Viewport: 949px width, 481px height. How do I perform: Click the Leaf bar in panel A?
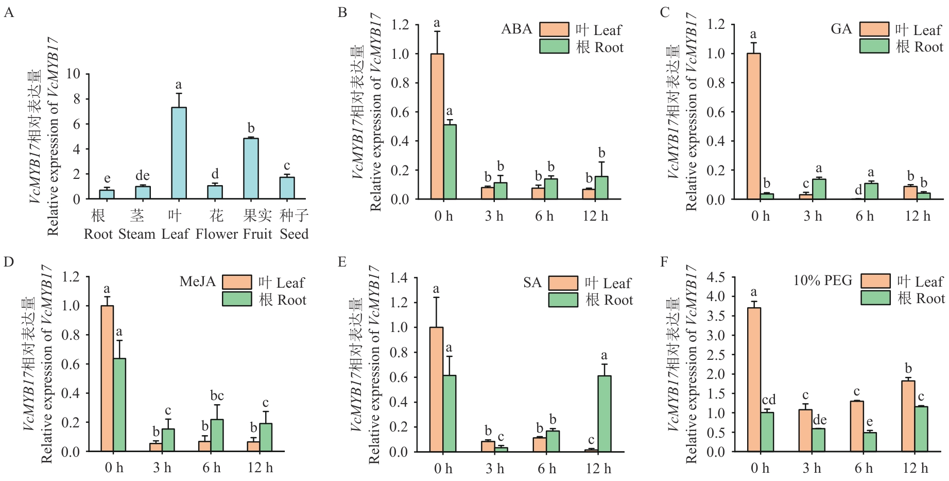click(x=179, y=153)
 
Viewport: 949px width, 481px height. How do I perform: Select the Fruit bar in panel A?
click(x=251, y=169)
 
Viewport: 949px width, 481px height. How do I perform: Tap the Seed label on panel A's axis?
click(x=294, y=235)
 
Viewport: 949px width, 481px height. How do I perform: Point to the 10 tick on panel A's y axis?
click(x=74, y=74)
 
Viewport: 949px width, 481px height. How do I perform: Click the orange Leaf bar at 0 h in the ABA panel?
click(x=437, y=126)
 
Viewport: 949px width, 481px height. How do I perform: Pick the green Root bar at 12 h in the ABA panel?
click(x=601, y=188)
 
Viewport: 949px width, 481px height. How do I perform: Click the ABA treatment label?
click(x=516, y=29)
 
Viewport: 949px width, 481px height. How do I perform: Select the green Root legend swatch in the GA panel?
click(x=874, y=46)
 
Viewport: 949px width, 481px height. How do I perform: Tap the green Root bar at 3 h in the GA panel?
click(x=819, y=189)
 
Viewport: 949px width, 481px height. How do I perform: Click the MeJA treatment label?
click(x=197, y=281)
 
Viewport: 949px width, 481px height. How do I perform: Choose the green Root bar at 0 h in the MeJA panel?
click(x=119, y=405)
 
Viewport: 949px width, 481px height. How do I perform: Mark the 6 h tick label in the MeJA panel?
click(x=211, y=468)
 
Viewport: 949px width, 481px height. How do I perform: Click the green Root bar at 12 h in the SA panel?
click(x=605, y=413)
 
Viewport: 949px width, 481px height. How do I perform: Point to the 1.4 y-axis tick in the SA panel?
click(x=399, y=278)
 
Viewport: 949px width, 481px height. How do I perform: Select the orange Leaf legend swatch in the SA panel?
click(x=563, y=283)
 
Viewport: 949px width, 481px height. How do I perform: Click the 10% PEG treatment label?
click(x=822, y=280)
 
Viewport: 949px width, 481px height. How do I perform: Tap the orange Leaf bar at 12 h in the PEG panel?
click(x=908, y=416)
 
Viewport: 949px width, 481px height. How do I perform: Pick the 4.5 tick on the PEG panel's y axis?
click(x=715, y=277)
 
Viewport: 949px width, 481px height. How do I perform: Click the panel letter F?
click(x=664, y=262)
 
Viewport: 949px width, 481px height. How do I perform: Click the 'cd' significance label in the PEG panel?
click(x=768, y=400)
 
